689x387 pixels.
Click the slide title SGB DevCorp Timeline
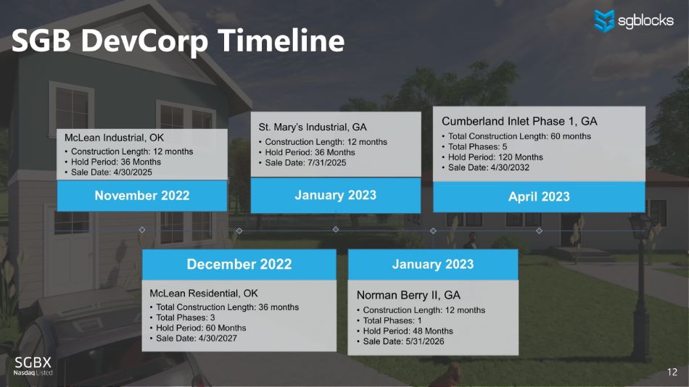pyautogui.click(x=178, y=41)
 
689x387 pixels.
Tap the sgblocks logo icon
pyautogui.click(x=603, y=20)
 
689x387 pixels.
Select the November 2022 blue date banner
pyautogui.click(x=142, y=196)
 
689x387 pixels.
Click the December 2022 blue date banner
pyautogui.click(x=239, y=264)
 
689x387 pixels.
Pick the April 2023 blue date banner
pyautogui.click(x=539, y=197)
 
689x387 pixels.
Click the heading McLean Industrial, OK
pyautogui.click(x=115, y=138)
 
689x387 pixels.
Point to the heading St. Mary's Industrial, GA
pyautogui.click(x=313, y=127)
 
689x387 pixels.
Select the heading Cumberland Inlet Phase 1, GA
pyautogui.click(x=519, y=121)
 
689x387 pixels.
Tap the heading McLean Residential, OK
pyautogui.click(x=204, y=294)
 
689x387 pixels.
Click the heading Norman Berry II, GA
pyautogui.click(x=408, y=295)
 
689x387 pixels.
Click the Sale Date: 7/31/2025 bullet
pyautogui.click(x=302, y=162)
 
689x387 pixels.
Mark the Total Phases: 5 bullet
pyautogui.click(x=474, y=146)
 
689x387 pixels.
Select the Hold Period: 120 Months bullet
pyautogui.click(x=492, y=157)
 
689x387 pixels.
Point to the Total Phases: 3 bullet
pyautogui.click(x=182, y=317)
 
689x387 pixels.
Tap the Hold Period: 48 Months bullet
pyautogui.click(x=405, y=331)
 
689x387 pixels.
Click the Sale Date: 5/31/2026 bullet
pyautogui.click(x=400, y=341)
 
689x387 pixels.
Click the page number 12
pyautogui.click(x=672, y=372)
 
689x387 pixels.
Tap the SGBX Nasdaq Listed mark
pyautogui.click(x=33, y=366)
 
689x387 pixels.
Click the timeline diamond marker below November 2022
pyautogui.click(x=142, y=230)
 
